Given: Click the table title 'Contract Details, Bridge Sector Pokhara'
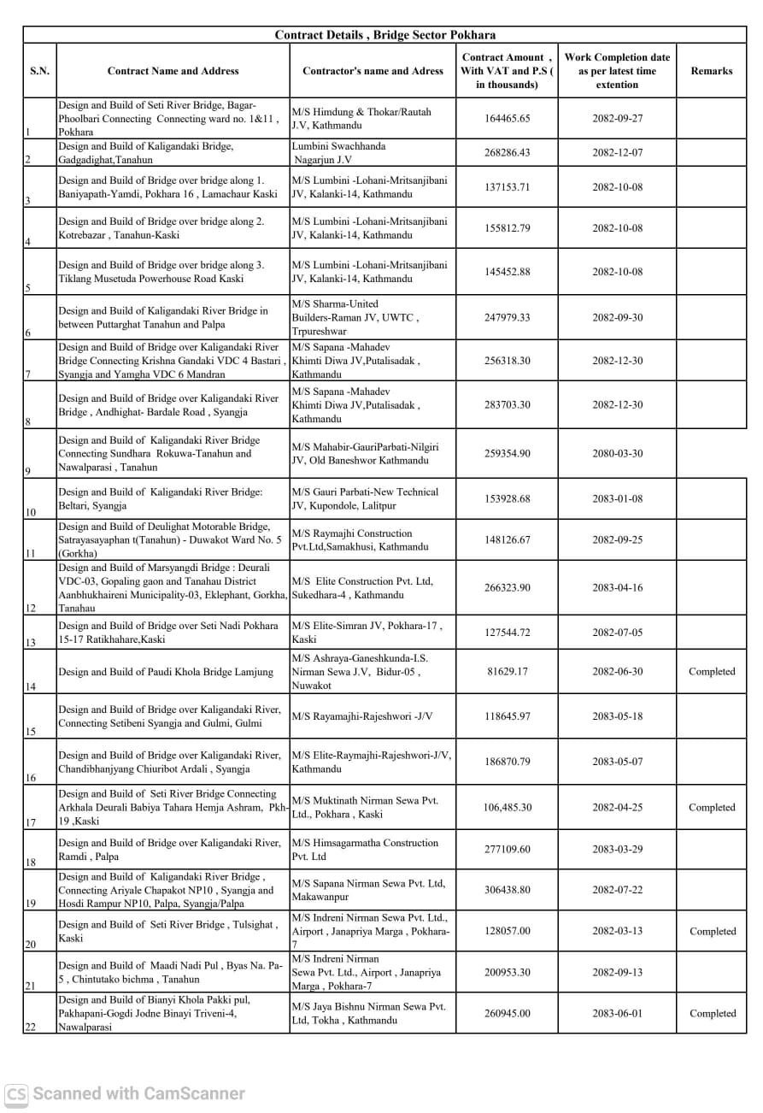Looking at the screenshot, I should click(x=384, y=35).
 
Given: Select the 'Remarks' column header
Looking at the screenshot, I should click(x=711, y=71).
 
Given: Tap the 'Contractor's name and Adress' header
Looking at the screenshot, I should click(x=373, y=71).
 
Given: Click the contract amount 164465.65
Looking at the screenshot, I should click(x=507, y=119).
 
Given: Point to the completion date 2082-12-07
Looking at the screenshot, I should click(x=617, y=153).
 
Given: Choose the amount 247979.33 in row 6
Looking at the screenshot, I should click(x=507, y=317).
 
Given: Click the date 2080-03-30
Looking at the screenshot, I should click(x=617, y=454).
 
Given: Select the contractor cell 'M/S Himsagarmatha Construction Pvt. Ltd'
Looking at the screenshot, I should click(x=365, y=850).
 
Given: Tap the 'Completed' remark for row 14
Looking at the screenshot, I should click(x=711, y=672).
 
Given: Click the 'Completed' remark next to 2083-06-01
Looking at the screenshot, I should click(x=711, y=1014).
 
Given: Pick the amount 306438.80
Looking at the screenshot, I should click(x=507, y=890).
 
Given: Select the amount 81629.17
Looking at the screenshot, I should click(x=507, y=672).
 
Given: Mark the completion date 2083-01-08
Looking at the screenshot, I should click(x=617, y=499).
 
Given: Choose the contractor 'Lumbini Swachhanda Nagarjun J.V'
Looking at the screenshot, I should click(x=338, y=153).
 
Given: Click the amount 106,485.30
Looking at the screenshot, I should click(x=507, y=808).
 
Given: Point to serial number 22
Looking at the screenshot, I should click(x=31, y=1028).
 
